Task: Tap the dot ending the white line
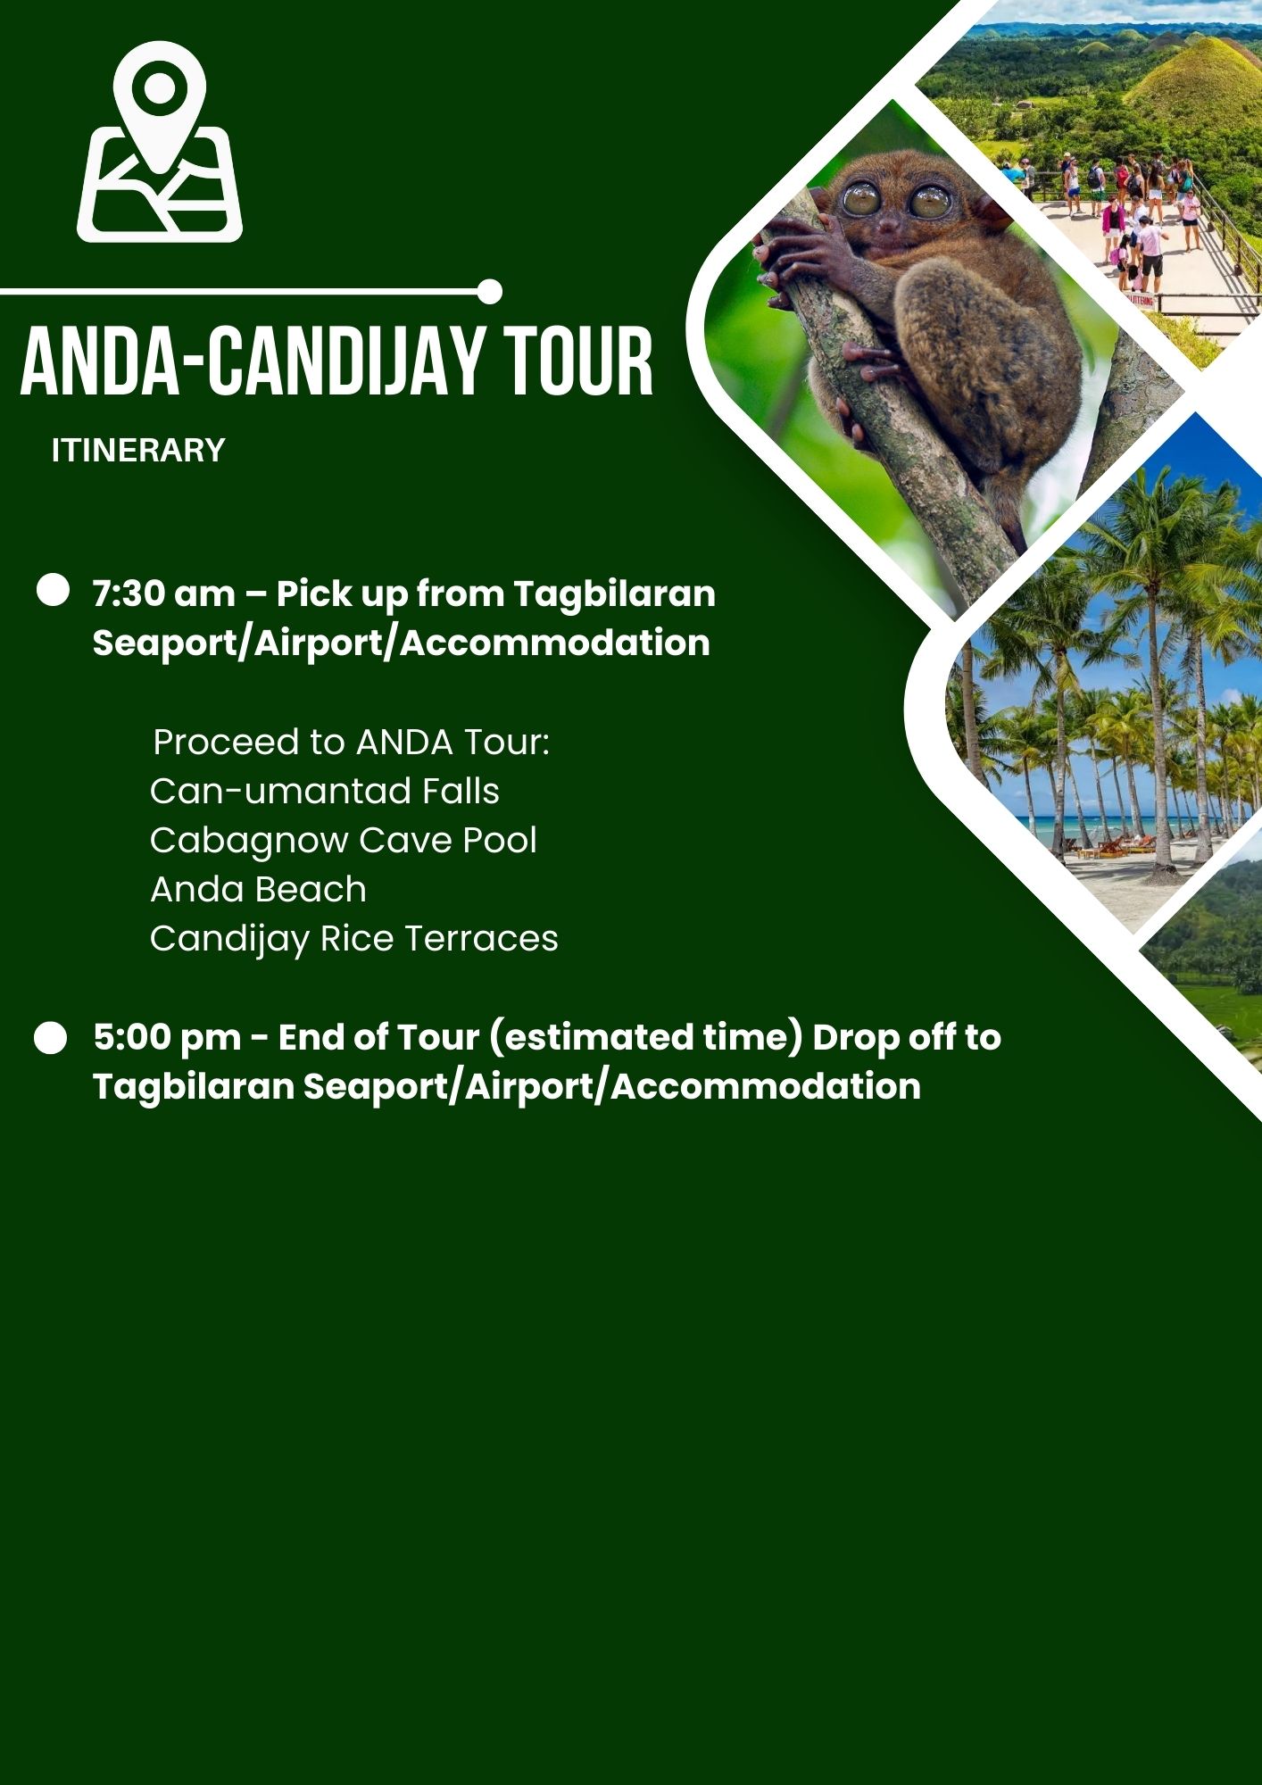(489, 292)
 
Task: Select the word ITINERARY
(138, 451)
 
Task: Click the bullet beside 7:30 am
(53, 591)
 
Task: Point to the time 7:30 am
(164, 594)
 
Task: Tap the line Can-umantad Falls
(325, 792)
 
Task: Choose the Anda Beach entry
(258, 890)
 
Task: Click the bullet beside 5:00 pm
(51, 1038)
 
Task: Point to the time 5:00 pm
(167, 1038)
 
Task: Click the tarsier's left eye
(859, 198)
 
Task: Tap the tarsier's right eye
(930, 202)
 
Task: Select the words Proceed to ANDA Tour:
(352, 743)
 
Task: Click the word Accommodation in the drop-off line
(766, 1087)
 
